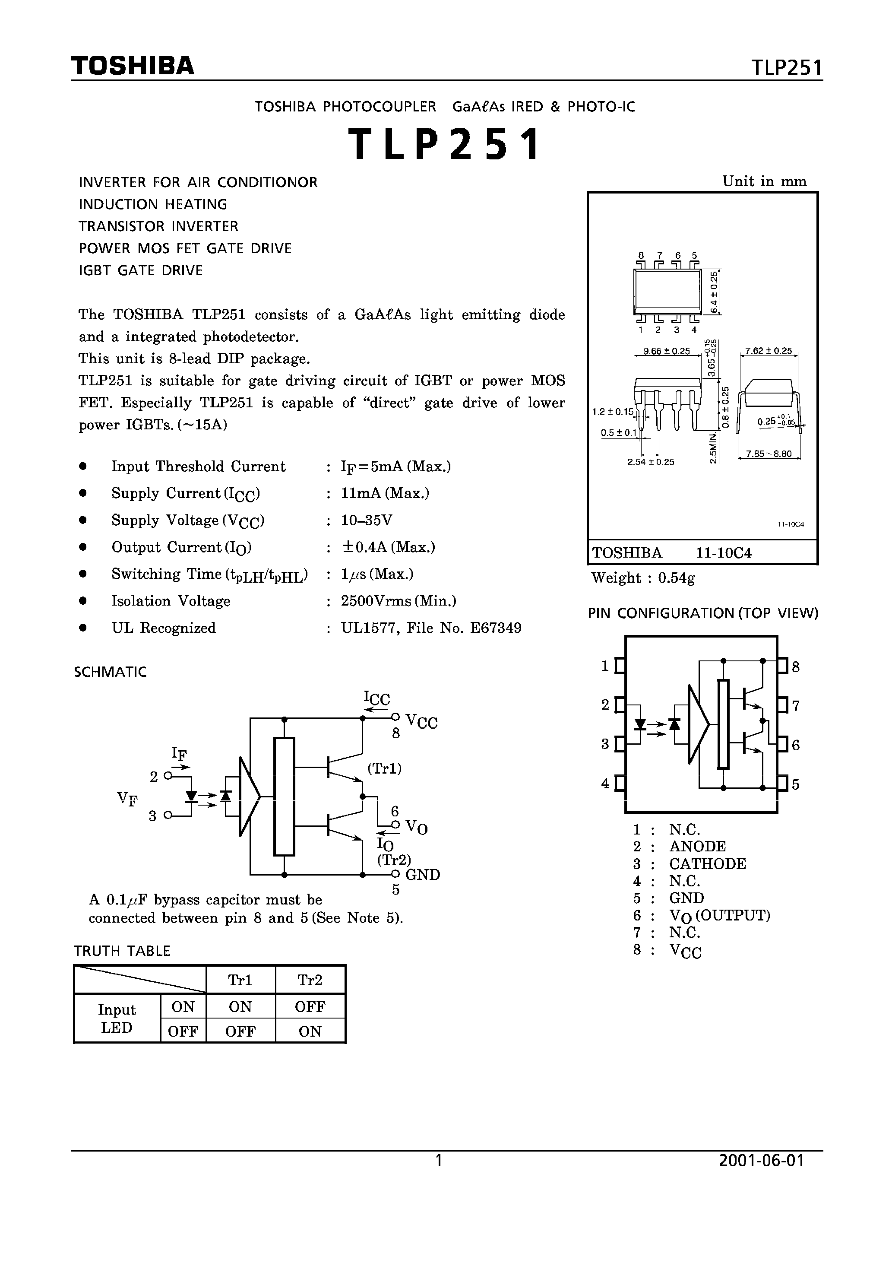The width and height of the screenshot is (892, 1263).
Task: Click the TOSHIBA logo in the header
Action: click(x=133, y=66)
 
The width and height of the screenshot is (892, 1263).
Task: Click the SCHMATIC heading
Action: click(x=111, y=672)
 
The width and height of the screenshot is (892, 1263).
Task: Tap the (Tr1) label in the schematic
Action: click(x=384, y=768)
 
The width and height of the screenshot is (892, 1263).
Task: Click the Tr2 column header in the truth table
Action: click(x=310, y=980)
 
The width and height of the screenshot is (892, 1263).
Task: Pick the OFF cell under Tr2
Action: click(x=310, y=1007)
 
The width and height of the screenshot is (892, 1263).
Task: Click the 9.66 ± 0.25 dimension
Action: click(x=666, y=351)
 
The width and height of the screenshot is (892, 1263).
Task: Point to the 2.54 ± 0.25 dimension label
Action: click(x=651, y=462)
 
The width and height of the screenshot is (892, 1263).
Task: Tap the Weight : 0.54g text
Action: click(x=643, y=578)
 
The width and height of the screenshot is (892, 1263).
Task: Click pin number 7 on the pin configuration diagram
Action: click(x=795, y=705)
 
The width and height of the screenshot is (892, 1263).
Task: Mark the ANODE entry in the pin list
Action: click(x=697, y=846)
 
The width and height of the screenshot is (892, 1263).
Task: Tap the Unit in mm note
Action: click(x=764, y=181)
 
